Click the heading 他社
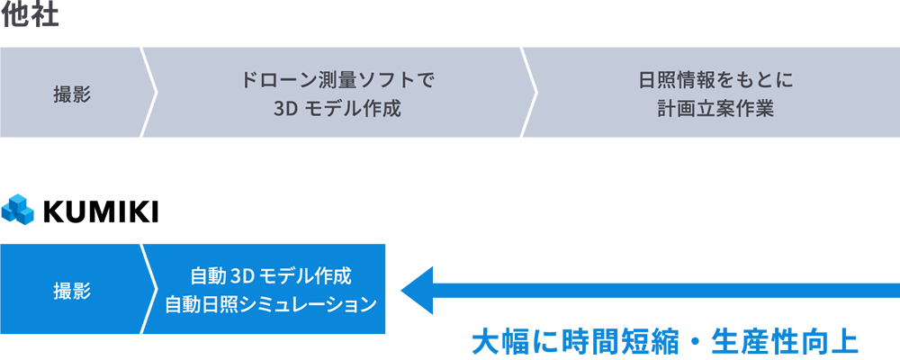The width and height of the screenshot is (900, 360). coord(30,16)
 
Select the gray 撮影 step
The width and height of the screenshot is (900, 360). coord(72,93)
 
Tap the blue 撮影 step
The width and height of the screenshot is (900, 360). coord(72,290)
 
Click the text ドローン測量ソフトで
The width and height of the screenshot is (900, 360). coord(337,79)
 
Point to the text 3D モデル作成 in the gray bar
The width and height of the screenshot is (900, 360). coord(337,108)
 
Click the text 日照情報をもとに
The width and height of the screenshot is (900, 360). coord(715,79)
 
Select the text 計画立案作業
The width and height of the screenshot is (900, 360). coord(715,108)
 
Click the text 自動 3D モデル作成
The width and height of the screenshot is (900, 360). coord(271,274)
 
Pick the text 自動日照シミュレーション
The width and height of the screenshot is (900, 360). coord(271,304)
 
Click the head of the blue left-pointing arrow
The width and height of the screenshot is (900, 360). coord(417,290)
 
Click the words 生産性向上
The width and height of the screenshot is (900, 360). coord(784,342)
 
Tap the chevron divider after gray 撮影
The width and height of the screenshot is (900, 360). coord(149,93)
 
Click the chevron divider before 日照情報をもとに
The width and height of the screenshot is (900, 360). coord(529,93)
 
